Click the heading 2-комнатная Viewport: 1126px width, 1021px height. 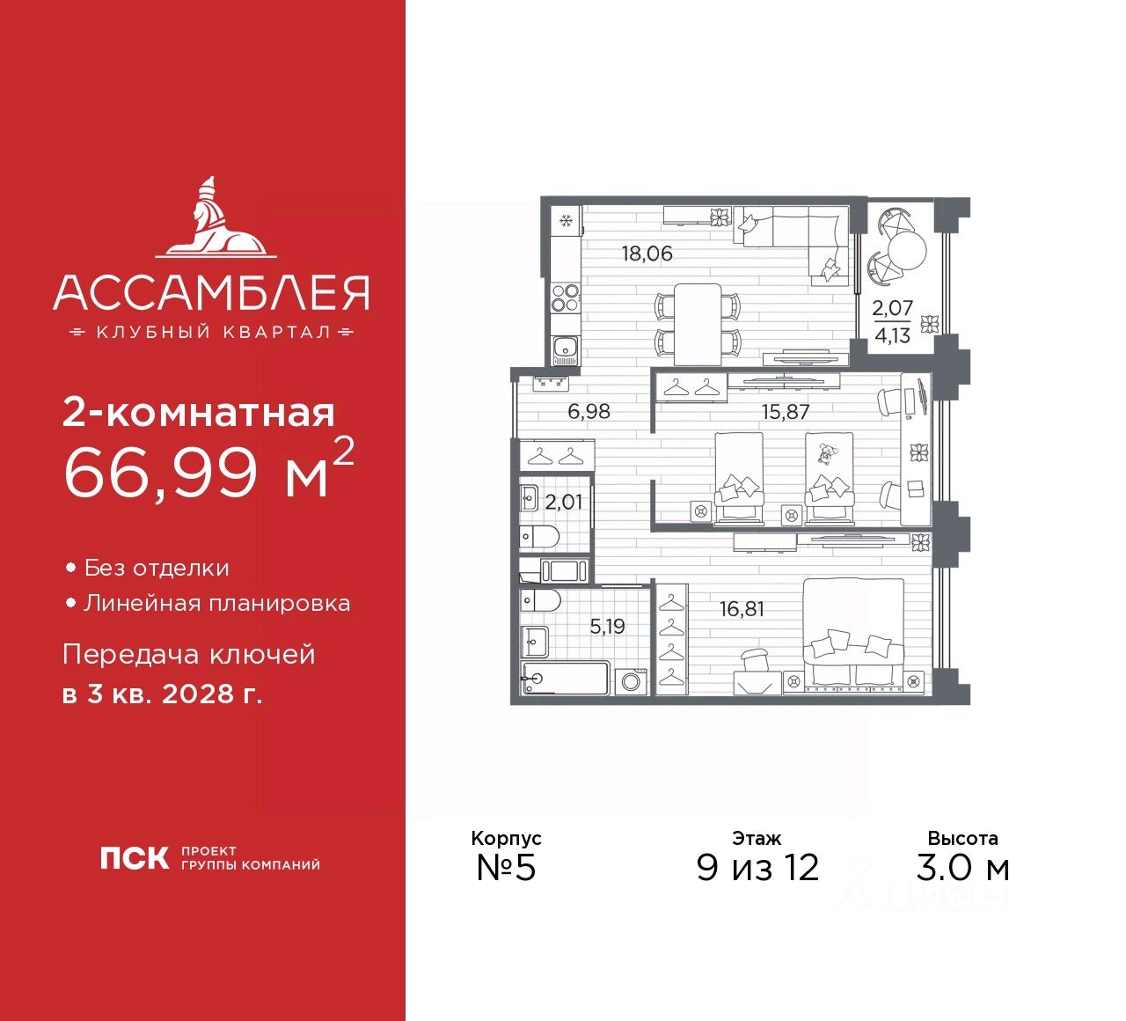click(199, 412)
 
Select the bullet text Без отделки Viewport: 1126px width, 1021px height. click(157, 568)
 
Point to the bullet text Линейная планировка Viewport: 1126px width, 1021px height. click(216, 603)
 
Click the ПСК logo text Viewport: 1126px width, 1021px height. click(134, 857)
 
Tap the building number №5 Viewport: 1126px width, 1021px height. click(506, 867)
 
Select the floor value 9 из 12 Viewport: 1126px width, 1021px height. click(757, 867)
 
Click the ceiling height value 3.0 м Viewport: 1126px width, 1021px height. click(962, 867)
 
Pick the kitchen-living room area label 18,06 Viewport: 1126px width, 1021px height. click(647, 253)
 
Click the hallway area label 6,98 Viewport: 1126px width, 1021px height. click(589, 411)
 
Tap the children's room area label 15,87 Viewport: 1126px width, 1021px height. click(785, 411)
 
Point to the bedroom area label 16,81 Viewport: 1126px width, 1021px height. click(742, 608)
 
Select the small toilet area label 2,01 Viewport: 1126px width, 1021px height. click(563, 502)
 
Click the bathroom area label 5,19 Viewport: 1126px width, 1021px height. click(607, 626)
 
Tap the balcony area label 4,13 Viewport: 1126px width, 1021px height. click(892, 335)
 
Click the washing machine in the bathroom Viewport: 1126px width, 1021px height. click(631, 681)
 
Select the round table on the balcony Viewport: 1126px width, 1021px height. click(907, 252)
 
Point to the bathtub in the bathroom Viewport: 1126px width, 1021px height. click(565, 678)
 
